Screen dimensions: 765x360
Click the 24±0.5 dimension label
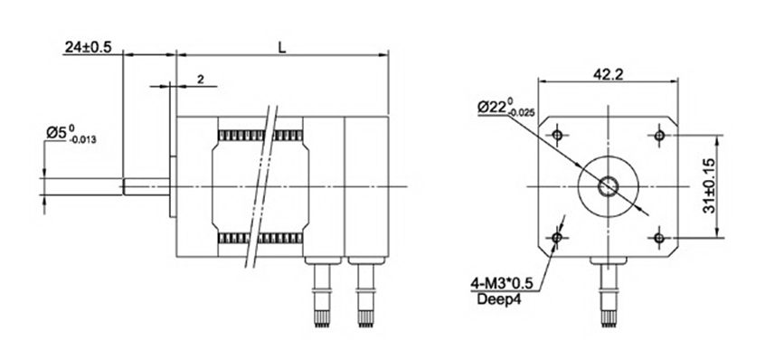pos(89,47)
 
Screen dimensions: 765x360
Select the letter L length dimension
pos(281,47)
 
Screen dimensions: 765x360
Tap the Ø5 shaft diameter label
pos(71,133)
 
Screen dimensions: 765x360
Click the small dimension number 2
pos(201,80)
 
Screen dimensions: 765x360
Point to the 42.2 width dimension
pos(609,74)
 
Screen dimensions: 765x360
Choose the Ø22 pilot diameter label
pos(506,107)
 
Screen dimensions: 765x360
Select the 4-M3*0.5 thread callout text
pos(501,282)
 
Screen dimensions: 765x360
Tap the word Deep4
pos(498,299)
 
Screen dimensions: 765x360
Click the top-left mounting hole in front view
pos(558,135)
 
